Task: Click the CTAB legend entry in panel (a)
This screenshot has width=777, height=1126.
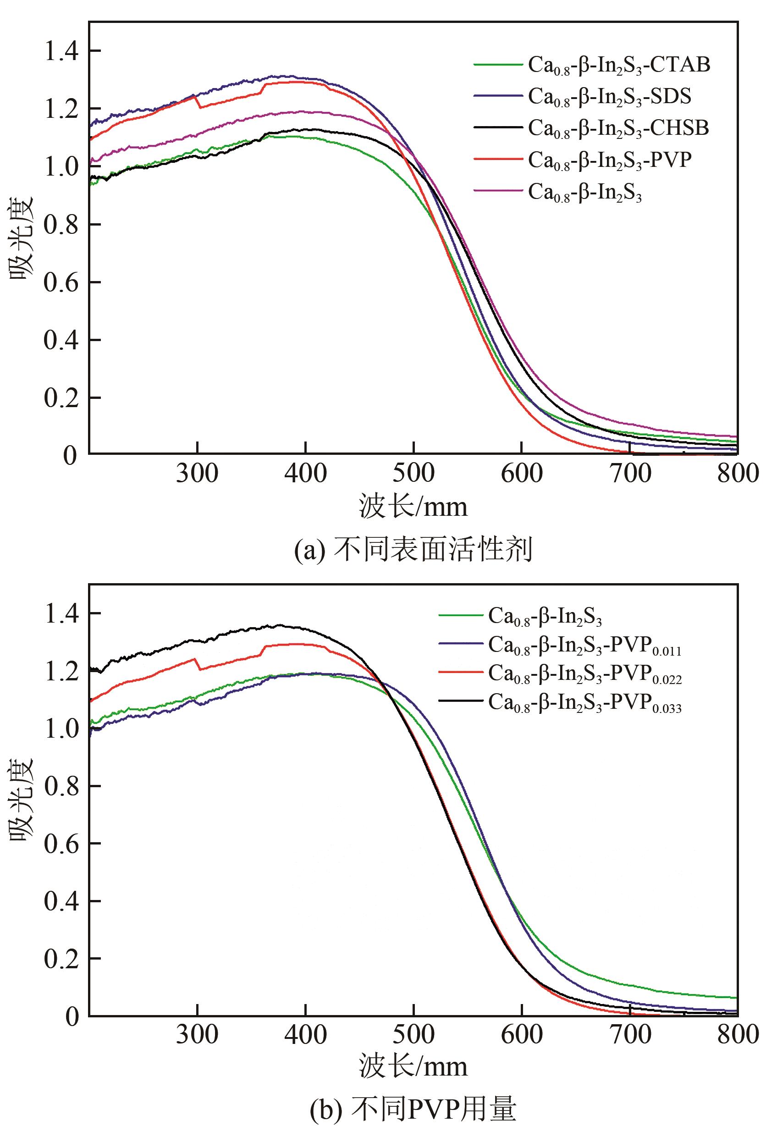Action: (x=619, y=65)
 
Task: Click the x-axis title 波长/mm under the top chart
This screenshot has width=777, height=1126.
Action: (x=413, y=506)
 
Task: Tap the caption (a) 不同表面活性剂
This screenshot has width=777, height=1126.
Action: (x=413, y=550)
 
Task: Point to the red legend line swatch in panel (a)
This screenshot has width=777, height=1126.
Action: (x=496, y=159)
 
